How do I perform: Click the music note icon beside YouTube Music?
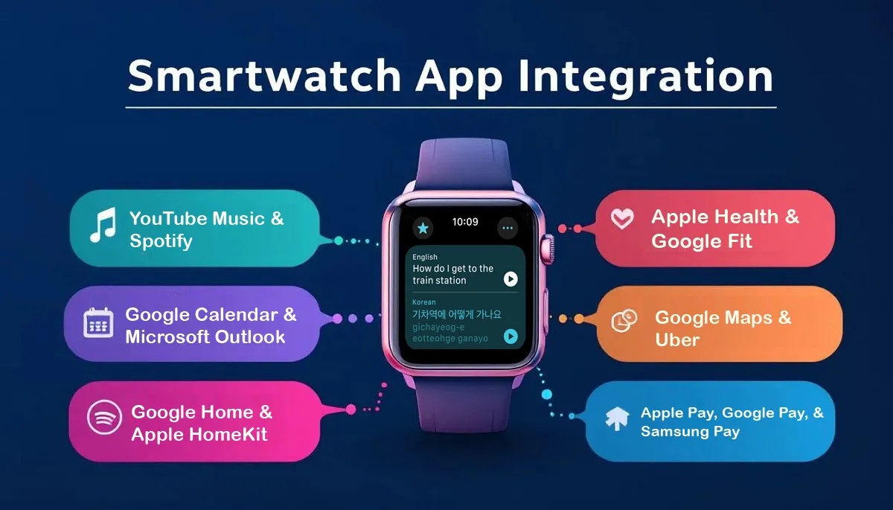click(x=102, y=226)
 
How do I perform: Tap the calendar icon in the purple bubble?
click(x=97, y=322)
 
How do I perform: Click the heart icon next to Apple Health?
click(x=622, y=219)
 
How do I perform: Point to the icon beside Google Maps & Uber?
click(x=624, y=320)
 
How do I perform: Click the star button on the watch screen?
click(x=423, y=227)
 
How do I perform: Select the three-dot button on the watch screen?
click(x=508, y=227)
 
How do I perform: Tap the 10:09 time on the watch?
click(x=465, y=222)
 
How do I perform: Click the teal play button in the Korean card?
click(x=510, y=337)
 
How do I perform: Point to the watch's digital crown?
click(x=548, y=247)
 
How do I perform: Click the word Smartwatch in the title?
click(x=253, y=77)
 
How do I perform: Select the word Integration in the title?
click(x=642, y=77)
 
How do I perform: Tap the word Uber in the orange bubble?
click(x=677, y=340)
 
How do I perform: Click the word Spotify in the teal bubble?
click(x=161, y=241)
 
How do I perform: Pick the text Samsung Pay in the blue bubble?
click(x=690, y=432)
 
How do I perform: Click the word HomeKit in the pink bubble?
click(x=231, y=435)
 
